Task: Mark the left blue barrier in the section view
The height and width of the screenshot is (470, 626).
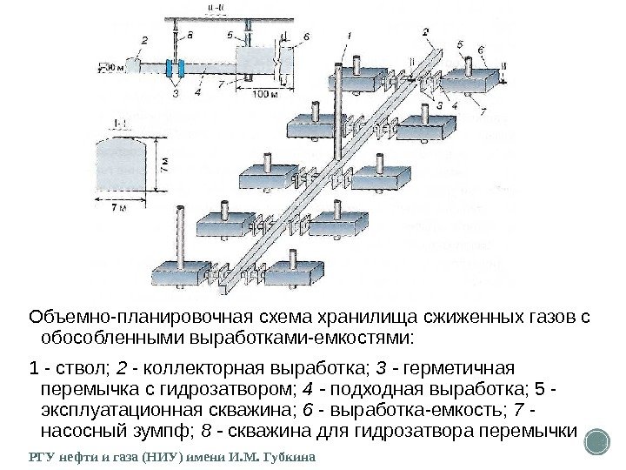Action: coord(170,68)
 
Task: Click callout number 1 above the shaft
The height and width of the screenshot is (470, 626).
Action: coord(350,35)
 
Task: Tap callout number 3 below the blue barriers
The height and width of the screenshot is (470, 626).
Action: coord(176,91)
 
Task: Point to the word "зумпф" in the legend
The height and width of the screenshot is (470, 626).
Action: coord(149,432)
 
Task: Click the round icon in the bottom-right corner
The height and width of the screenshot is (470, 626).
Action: coord(596,441)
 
